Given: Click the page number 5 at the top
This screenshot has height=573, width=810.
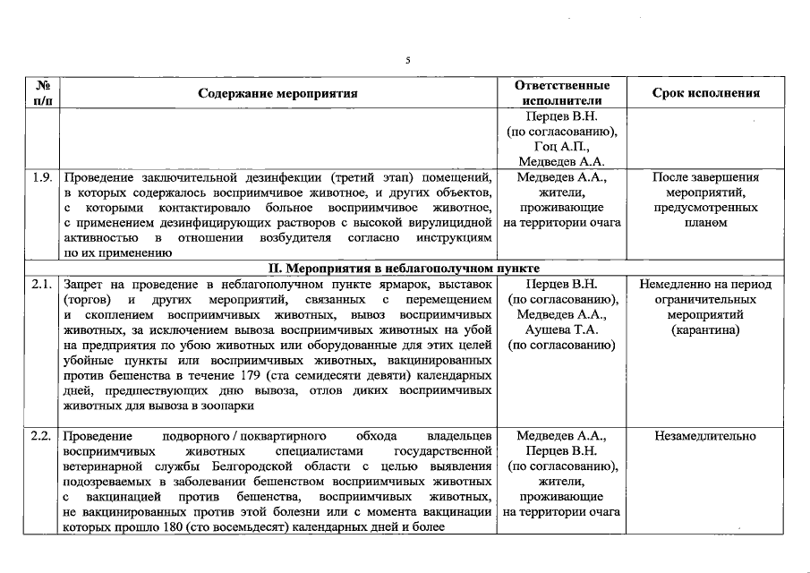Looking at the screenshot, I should click(x=407, y=60).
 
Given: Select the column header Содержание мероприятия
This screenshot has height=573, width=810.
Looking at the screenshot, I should click(x=277, y=93).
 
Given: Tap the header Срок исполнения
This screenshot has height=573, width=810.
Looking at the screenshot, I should click(x=706, y=93).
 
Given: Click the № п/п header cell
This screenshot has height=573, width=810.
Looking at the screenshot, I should click(x=41, y=93).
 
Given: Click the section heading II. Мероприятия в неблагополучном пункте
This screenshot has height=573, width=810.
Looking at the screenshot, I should click(x=405, y=269).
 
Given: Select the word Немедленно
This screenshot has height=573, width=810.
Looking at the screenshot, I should click(x=674, y=285).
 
